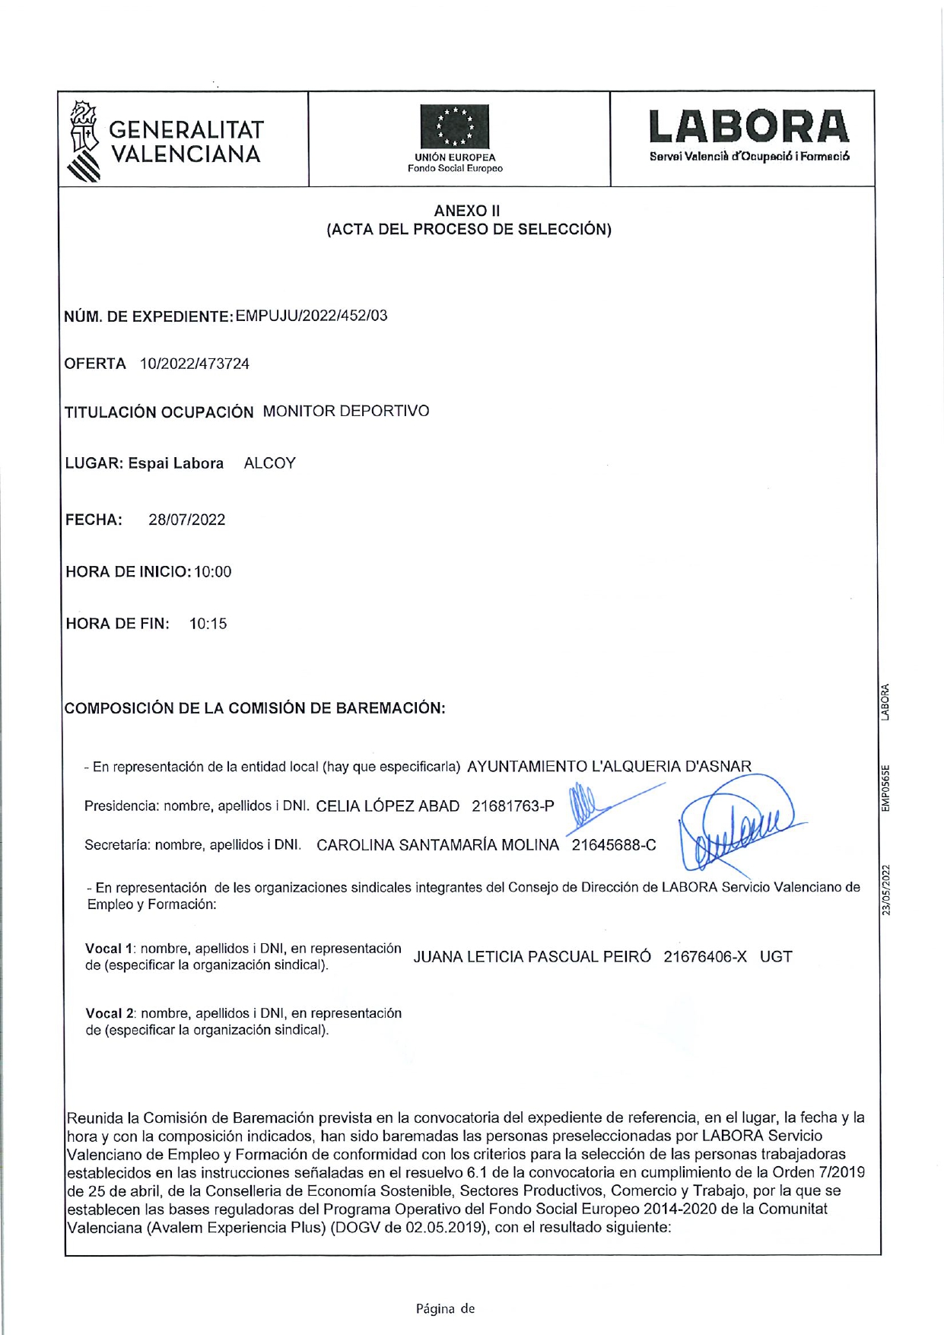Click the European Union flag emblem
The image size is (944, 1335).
pos(455,127)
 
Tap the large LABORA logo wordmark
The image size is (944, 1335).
pos(749,127)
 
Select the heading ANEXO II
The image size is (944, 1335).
pos(467,211)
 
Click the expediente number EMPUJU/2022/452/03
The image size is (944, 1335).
pos(311,316)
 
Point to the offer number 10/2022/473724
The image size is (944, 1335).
pos(195,364)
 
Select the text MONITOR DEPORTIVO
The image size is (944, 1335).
pos(346,412)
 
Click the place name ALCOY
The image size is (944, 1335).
pos(269,463)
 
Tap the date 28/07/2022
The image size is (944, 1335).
pos(187,520)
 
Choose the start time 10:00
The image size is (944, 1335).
pos(213,572)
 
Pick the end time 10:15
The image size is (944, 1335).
pos(208,624)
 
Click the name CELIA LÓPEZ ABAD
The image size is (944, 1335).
pos(387,806)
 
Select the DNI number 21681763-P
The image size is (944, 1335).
pos(513,806)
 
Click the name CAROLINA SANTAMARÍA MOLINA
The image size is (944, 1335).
pos(437,845)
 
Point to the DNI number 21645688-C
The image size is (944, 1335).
pos(614,845)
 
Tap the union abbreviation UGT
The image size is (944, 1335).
pos(776,957)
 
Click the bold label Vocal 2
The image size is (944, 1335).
pos(110,1013)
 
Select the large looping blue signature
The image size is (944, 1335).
pos(738,825)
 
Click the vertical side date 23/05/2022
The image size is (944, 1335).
pos(886,890)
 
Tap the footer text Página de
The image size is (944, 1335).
pos(445,1308)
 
